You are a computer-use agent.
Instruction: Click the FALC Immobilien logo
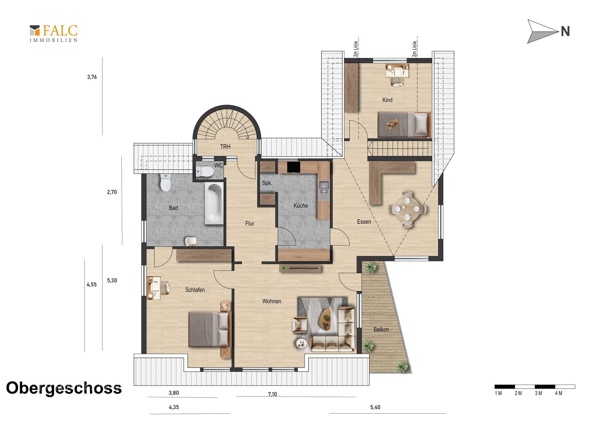[54, 33]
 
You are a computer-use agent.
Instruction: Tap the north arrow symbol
[543, 31]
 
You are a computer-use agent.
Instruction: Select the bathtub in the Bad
[214, 203]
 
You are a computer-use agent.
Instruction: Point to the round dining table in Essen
[407, 209]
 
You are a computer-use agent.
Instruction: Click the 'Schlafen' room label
[195, 290]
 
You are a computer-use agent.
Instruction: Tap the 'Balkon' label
[381, 330]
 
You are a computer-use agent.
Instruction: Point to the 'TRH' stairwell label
[225, 146]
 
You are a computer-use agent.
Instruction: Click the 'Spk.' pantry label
[267, 183]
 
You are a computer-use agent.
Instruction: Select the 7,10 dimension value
[272, 394]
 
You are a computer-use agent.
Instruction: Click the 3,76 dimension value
[92, 77]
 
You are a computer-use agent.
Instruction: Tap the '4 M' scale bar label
[559, 393]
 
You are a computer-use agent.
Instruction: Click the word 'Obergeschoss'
[64, 388]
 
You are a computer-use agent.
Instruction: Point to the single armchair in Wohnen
[300, 325]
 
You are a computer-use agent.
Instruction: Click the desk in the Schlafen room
[154, 288]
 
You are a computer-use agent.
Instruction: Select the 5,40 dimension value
[375, 407]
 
